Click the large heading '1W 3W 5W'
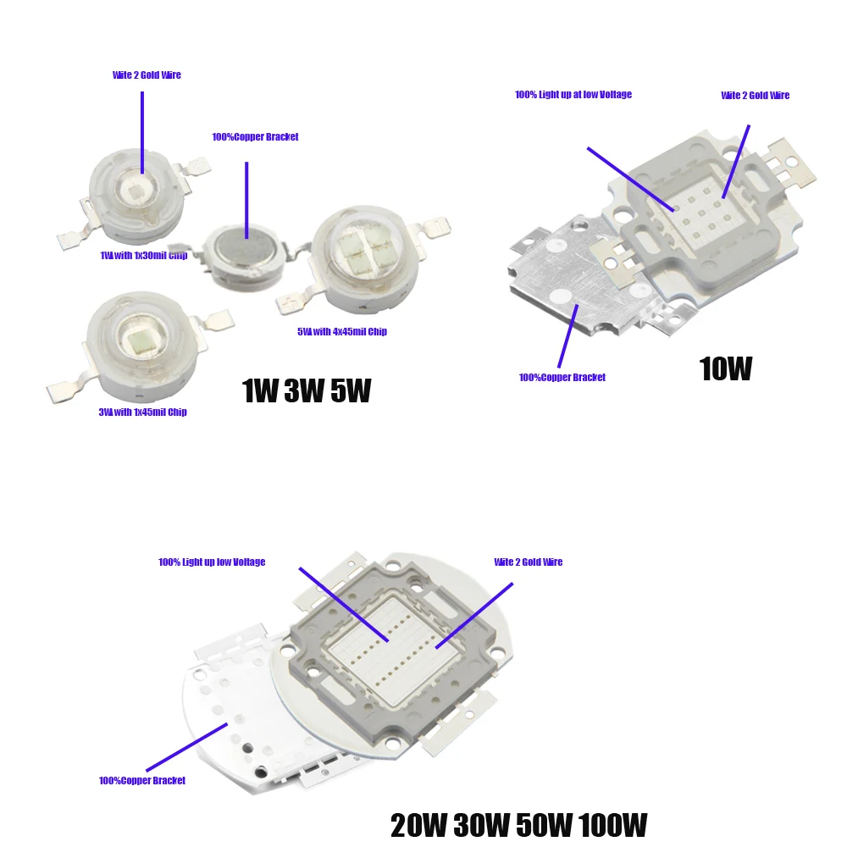[x=306, y=391]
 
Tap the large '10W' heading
[x=725, y=369]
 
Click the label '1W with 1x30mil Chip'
[x=143, y=256]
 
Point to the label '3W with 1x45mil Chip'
[x=142, y=412]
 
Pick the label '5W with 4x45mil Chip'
[x=341, y=332]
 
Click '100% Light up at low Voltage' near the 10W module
[x=573, y=95]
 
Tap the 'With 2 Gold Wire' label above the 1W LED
[x=147, y=75]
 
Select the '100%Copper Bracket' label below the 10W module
[x=562, y=378]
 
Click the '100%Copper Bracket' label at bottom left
[x=142, y=781]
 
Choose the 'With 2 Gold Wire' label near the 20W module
[x=529, y=562]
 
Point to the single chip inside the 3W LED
[x=136, y=336]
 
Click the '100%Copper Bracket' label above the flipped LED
[x=255, y=137]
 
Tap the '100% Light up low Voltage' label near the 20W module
[x=212, y=562]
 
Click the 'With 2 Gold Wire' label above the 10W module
[x=755, y=96]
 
